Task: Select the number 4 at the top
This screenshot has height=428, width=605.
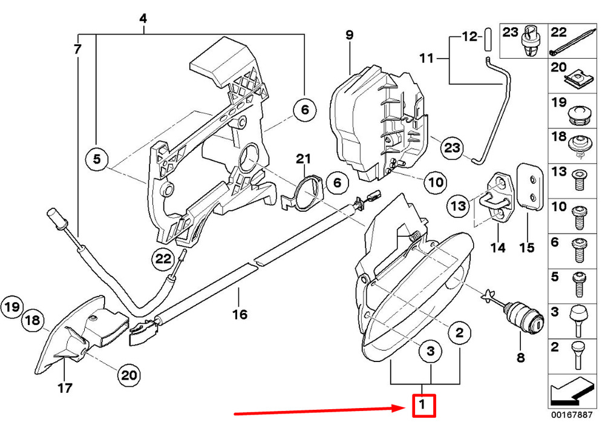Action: (x=143, y=19)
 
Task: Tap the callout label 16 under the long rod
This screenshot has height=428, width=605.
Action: (x=240, y=314)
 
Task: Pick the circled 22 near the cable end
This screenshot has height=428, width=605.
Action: (x=162, y=259)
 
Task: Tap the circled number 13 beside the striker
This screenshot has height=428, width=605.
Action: (x=459, y=206)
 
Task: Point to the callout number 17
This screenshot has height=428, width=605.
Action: (x=65, y=387)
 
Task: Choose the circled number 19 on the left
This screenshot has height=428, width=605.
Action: (x=13, y=308)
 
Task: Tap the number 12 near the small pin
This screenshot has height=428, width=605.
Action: (x=469, y=37)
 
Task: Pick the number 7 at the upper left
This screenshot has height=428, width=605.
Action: (x=77, y=49)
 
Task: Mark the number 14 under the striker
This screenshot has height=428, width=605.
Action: (x=498, y=247)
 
